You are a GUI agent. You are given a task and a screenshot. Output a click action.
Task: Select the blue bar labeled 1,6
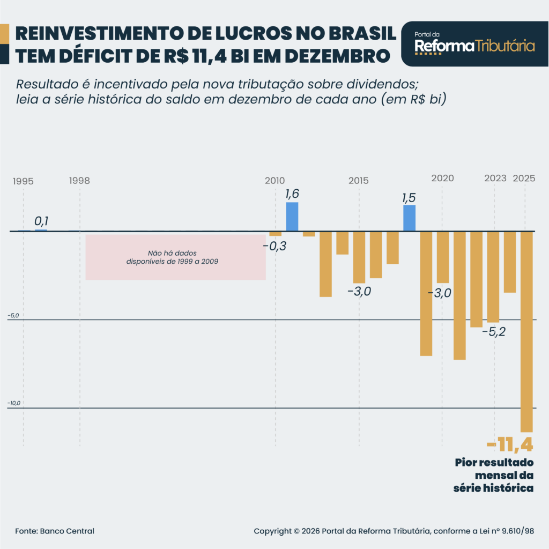click(292, 217)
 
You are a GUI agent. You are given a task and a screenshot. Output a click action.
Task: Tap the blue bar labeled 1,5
click(409, 218)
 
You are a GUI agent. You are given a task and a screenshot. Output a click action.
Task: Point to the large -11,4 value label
click(510, 444)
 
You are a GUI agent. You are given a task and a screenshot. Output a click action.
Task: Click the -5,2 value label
click(493, 332)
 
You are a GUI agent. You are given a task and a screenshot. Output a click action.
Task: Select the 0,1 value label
click(41, 221)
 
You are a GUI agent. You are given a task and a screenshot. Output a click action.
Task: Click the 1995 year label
click(23, 181)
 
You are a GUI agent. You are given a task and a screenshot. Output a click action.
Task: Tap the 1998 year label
click(79, 181)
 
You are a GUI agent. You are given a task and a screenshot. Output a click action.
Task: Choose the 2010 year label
click(274, 181)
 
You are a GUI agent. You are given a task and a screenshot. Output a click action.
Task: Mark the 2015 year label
click(358, 181)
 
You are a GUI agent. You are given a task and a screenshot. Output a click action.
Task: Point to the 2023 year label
click(495, 179)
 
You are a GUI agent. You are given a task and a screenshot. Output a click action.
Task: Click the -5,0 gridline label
click(13, 316)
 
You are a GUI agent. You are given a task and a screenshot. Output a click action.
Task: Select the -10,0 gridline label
click(14, 403)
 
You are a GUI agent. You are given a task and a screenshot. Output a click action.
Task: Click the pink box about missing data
click(176, 257)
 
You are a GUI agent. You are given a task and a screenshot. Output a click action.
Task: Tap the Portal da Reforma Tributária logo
click(474, 44)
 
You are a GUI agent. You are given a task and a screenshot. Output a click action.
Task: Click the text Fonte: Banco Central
click(55, 531)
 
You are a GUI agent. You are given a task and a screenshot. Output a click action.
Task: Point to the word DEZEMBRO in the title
click(339, 55)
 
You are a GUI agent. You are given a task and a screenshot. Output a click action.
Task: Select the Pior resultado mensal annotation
click(494, 475)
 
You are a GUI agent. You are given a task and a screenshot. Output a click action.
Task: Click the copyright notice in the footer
click(394, 531)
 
